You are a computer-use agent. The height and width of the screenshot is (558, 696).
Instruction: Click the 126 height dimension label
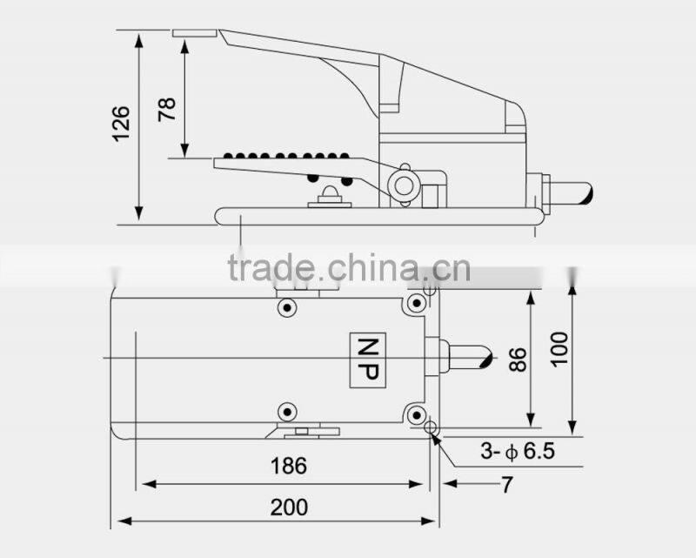click(x=122, y=124)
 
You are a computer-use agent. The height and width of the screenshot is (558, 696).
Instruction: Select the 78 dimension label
click(x=167, y=108)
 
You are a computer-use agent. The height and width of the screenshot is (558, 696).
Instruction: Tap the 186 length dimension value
click(x=289, y=466)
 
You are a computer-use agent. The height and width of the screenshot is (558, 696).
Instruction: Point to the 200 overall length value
click(x=289, y=507)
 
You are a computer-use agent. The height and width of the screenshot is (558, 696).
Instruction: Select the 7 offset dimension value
click(x=505, y=482)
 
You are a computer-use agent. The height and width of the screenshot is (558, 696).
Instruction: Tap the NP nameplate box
click(x=365, y=359)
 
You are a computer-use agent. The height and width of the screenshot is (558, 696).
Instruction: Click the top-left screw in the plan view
click(x=286, y=307)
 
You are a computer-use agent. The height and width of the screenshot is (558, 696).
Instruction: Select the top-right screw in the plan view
click(x=417, y=304)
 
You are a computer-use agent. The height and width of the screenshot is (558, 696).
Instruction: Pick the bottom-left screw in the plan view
click(x=286, y=412)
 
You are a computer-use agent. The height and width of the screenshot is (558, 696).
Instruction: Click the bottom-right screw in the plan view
click(x=417, y=413)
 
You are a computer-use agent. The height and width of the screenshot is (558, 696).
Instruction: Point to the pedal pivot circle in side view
click(x=401, y=185)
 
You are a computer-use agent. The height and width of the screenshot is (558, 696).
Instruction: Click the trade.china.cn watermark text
click(x=348, y=268)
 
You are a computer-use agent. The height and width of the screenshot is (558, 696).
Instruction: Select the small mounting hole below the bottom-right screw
click(x=430, y=427)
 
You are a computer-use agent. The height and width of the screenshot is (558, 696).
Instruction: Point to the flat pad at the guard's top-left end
click(x=194, y=33)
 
